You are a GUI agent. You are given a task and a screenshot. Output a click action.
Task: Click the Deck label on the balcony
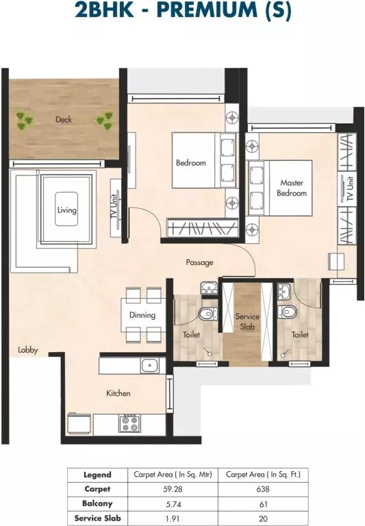coord(64,119)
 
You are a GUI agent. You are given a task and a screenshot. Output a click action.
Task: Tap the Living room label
coord(66,210)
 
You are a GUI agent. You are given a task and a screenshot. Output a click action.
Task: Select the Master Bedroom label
coord(292,188)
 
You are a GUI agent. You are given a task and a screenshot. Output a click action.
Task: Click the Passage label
coord(199,262)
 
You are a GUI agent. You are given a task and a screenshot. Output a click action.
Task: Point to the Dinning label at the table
coord(142,315)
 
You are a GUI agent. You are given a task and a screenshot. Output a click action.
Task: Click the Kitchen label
coord(118,393)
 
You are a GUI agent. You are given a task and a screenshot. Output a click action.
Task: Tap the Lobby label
coord(28,350)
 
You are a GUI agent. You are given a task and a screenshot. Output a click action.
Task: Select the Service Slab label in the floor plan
coord(246,322)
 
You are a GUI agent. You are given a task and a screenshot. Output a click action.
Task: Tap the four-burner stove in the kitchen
coord(129,424)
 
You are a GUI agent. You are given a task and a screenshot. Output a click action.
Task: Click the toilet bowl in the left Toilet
coord(206,314)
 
